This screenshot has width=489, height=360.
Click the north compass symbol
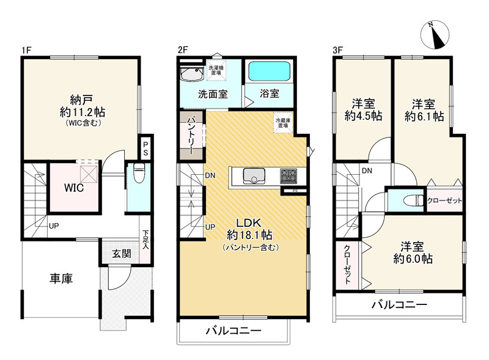click(x=435, y=34)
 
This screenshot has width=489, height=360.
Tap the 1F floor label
click(x=26, y=50)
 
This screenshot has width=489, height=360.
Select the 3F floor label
click(x=338, y=50)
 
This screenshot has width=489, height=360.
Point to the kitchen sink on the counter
click(x=254, y=176)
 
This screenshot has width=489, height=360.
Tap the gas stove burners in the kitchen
click(x=289, y=176)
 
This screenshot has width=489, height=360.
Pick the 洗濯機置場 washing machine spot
click(x=216, y=70)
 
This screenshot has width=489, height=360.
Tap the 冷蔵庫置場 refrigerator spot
click(x=283, y=122)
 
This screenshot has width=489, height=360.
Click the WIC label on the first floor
click(x=74, y=188)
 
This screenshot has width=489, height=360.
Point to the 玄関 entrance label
click(x=122, y=254)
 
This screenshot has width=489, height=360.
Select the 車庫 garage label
click(x=61, y=278)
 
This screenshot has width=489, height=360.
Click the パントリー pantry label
click(x=191, y=136)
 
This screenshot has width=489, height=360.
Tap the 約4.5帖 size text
click(x=363, y=116)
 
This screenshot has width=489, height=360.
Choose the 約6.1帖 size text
click(x=424, y=116)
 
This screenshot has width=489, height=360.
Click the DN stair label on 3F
click(x=367, y=171)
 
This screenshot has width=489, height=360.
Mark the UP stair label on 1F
click(x=54, y=226)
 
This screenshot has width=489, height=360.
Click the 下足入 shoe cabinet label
click(x=145, y=240)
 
